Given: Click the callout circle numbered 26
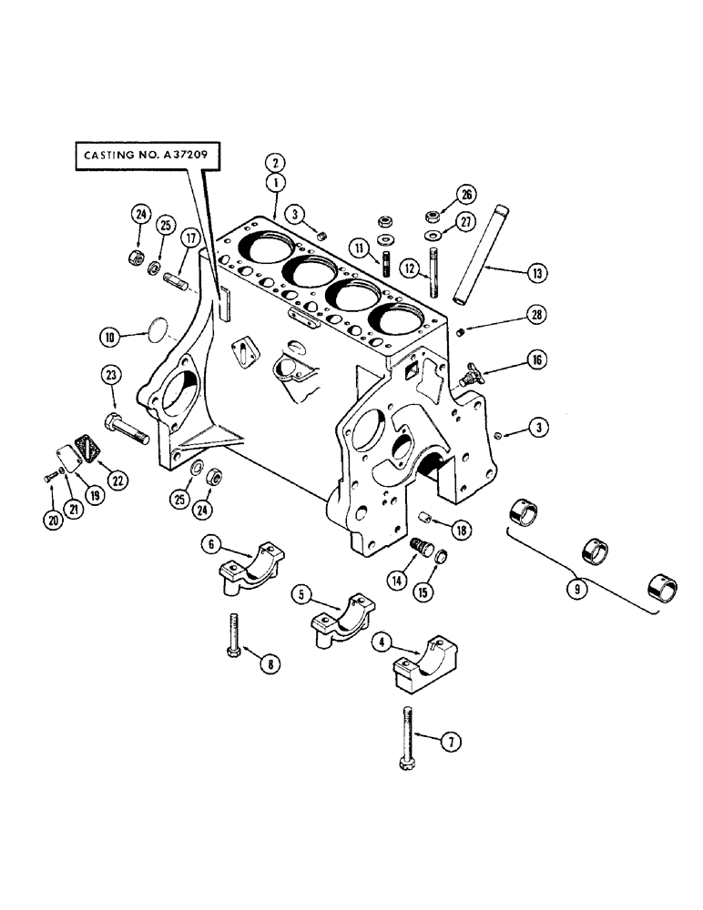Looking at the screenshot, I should tap(468, 192).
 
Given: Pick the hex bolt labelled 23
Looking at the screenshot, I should tap(126, 428).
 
